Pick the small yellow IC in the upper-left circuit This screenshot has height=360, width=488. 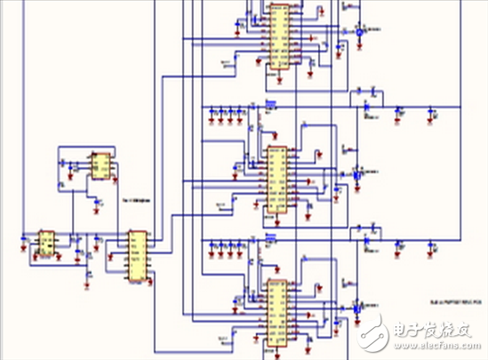point(100,166)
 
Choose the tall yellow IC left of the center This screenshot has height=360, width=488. point(137,257)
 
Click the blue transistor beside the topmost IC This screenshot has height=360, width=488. point(358,31)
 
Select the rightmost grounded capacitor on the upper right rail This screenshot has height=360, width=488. point(433,113)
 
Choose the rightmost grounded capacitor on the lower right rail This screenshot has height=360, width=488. point(433,252)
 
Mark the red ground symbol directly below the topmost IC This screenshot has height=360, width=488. point(279,78)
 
